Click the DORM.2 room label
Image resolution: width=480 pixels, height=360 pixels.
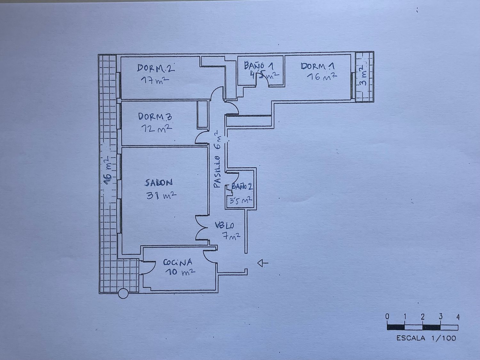(x=156, y=68)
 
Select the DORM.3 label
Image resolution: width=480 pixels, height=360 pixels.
(x=155, y=116)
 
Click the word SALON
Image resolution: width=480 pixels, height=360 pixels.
(x=158, y=183)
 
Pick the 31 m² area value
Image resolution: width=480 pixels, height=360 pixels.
(x=161, y=195)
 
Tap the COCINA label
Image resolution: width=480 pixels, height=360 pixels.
(x=178, y=262)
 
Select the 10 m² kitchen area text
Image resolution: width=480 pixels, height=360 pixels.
(x=180, y=272)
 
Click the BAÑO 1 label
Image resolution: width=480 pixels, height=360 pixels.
(x=259, y=66)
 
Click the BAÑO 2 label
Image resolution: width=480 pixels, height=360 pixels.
(x=242, y=187)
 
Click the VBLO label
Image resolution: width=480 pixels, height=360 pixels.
(x=224, y=225)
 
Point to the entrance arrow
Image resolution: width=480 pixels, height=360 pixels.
(x=263, y=263)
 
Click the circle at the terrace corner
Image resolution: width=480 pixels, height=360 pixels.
(x=123, y=293)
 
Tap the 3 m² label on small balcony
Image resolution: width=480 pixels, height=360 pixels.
(x=362, y=76)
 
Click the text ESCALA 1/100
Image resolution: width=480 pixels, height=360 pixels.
(x=426, y=338)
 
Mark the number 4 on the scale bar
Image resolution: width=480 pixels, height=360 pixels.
(x=458, y=317)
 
